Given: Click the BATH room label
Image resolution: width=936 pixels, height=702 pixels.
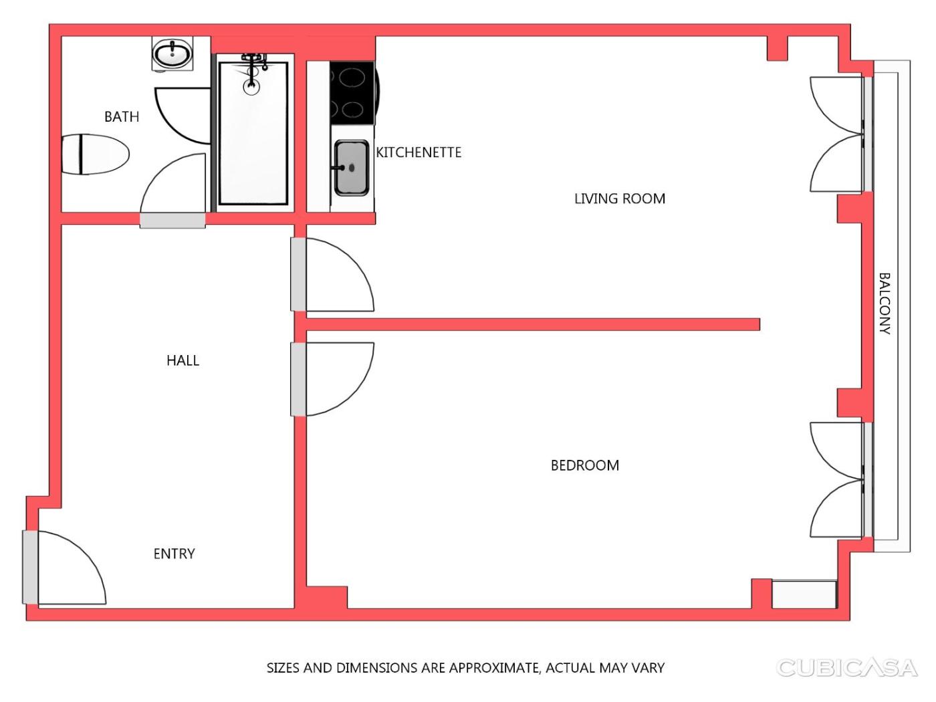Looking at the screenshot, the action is coord(122,116).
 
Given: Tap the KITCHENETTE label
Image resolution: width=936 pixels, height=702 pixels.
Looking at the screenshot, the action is coord(419,152).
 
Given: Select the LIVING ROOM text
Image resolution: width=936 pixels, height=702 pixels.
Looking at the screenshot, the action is coord(620,198).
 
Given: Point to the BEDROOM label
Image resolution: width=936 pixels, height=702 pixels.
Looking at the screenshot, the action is coord(584,465).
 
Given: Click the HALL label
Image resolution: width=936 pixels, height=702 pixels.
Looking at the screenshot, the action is coord(183,360).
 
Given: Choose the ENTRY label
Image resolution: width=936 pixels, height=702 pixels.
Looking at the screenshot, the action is coord(174,554).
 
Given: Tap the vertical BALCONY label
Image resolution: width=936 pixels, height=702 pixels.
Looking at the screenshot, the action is coord(885,304).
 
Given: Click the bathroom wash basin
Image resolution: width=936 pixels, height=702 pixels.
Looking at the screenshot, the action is coord(172,53).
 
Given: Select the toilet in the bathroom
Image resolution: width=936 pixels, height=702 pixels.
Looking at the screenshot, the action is coord(96,154).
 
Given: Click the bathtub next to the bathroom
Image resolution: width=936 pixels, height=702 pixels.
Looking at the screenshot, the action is coord(253,132).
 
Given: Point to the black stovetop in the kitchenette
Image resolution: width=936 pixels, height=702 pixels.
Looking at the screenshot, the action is coord(352,92).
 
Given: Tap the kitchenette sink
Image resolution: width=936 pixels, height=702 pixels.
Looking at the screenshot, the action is coord(352,168).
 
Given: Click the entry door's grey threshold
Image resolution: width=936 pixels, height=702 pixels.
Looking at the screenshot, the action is coord(30,567).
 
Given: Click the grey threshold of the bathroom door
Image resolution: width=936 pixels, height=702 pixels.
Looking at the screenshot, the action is coord(172,221).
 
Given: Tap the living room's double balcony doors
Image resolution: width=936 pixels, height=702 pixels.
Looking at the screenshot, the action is coord(840,134).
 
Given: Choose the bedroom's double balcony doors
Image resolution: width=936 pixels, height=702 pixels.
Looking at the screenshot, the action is coord(840,479).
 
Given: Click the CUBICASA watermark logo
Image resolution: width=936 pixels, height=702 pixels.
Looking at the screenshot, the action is coord(846,667).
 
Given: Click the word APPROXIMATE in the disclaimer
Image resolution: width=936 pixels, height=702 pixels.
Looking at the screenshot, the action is coord(495,667).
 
